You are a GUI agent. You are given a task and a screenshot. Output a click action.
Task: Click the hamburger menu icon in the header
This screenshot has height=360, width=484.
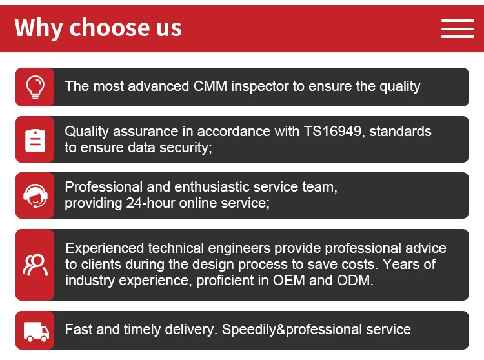pyautogui.click(x=458, y=28)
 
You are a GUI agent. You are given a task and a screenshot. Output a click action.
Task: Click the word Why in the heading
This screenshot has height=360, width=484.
pyautogui.click(x=39, y=28)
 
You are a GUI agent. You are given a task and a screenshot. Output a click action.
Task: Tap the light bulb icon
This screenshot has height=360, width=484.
pyautogui.click(x=35, y=87)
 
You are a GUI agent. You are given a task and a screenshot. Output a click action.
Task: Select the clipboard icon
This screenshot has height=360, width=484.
pyautogui.click(x=35, y=141)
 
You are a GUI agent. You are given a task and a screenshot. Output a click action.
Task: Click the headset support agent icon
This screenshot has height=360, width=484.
pyautogui.click(x=35, y=196)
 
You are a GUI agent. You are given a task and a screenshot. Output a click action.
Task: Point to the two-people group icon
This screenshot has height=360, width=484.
pyautogui.click(x=35, y=265)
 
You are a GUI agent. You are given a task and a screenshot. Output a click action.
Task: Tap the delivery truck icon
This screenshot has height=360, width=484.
pyautogui.click(x=36, y=332)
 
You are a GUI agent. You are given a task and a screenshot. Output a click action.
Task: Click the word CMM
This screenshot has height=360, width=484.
pyautogui.click(x=210, y=86)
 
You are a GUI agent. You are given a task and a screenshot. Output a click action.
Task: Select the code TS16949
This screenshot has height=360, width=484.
pyautogui.click(x=332, y=132)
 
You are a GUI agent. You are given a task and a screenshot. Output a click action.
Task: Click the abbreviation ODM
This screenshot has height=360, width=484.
pyautogui.click(x=355, y=281)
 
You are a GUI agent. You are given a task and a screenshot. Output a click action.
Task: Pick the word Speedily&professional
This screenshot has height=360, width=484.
pyautogui.click(x=292, y=330)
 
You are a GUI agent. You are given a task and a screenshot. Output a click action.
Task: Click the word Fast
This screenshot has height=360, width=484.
pyautogui.click(x=78, y=329)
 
